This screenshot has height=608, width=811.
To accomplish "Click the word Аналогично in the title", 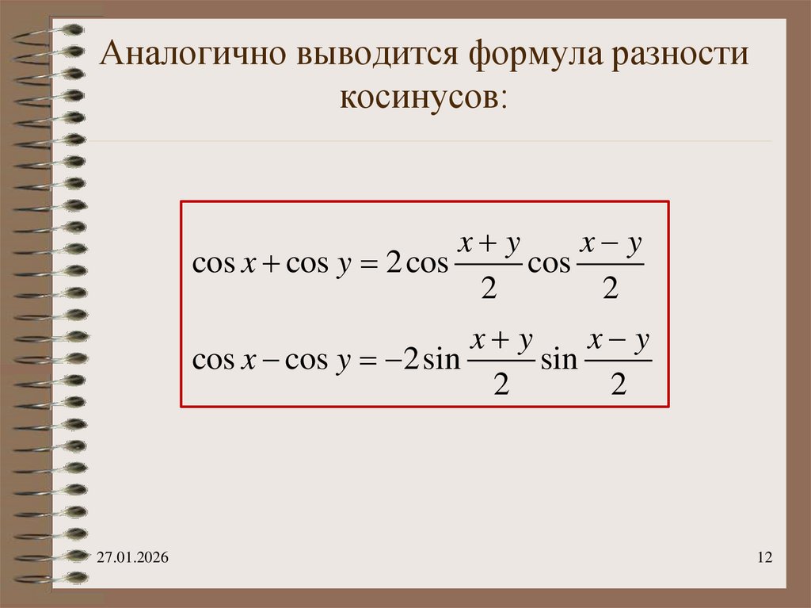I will click(193, 56).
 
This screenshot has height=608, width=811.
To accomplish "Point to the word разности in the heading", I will click(682, 56).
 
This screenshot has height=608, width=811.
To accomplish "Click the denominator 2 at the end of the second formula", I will click(619, 386).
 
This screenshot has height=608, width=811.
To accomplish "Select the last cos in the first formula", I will click(549, 265).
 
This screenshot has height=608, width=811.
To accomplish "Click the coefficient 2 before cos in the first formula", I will click(392, 265).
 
